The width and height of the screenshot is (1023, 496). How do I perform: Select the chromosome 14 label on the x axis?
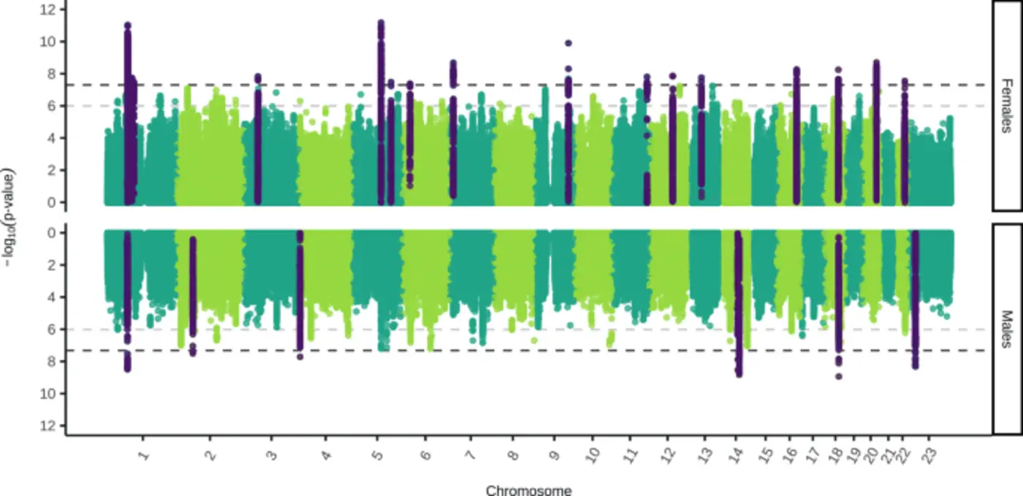click(x=739, y=457)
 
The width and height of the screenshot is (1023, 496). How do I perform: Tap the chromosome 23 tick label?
click(x=929, y=457)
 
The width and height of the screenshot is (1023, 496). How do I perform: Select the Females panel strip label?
click(x=1007, y=106)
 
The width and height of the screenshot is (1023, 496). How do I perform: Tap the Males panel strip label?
click(x=1007, y=329)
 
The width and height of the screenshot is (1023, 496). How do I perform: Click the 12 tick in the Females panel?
click(x=48, y=9)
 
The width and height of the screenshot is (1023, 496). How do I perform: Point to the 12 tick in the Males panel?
click(x=48, y=426)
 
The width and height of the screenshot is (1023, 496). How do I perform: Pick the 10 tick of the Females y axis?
click(x=48, y=41)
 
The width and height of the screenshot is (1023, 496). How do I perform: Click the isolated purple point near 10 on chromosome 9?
click(x=568, y=43)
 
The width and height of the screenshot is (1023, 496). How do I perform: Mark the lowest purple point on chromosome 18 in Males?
click(x=839, y=376)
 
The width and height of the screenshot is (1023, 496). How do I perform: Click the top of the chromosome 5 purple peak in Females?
click(x=381, y=23)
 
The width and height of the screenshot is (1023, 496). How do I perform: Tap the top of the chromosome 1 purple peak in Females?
click(x=127, y=26)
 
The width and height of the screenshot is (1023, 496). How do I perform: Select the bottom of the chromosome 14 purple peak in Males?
click(x=739, y=374)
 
